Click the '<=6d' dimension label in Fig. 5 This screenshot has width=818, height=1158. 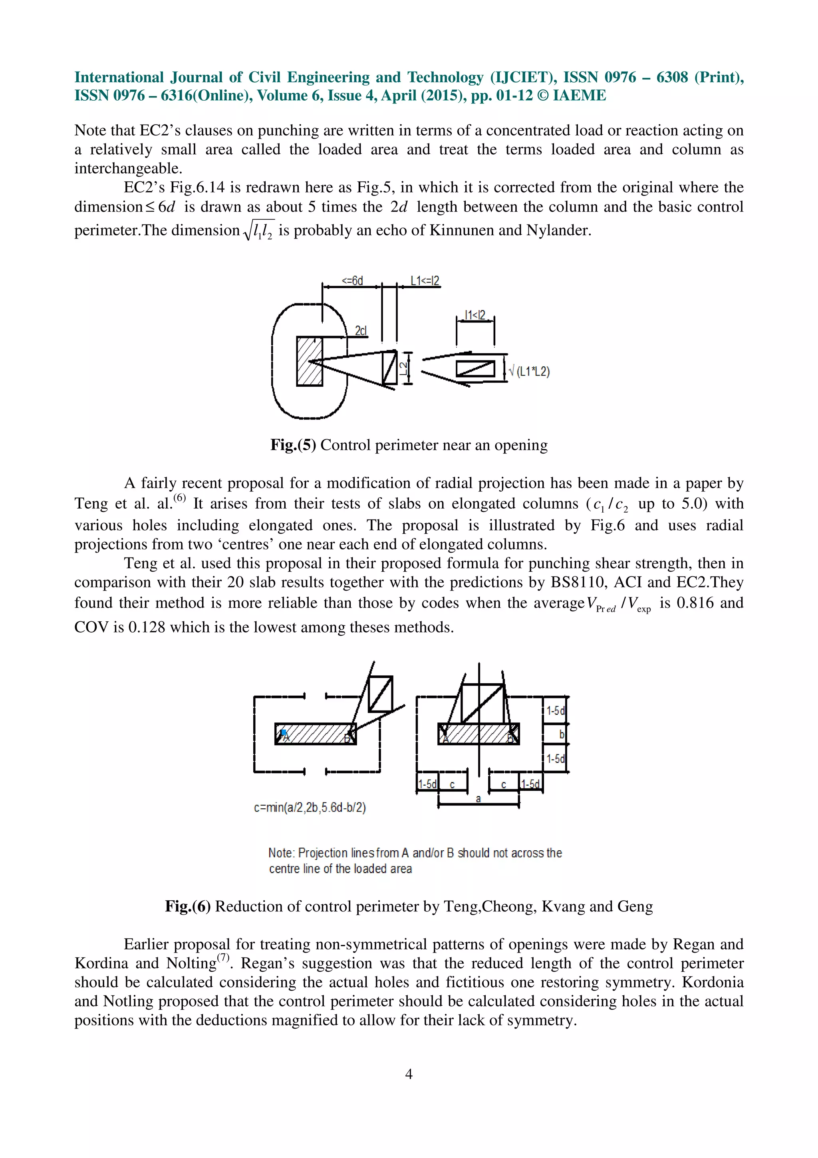352,281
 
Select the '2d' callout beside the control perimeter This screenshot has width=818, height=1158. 361,331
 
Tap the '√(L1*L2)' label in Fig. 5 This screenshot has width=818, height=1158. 529,372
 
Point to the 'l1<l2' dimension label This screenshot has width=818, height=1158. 475,315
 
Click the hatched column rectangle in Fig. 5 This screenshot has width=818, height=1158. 310,361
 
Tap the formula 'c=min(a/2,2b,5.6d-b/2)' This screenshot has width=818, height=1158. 310,808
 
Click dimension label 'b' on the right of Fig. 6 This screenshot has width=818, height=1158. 562,734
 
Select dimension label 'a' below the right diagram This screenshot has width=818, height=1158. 478,799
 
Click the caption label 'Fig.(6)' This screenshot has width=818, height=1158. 187,906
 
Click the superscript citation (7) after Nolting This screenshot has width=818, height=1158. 223,958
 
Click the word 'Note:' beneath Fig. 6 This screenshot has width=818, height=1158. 281,853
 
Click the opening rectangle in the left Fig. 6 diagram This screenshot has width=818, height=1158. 381,694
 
